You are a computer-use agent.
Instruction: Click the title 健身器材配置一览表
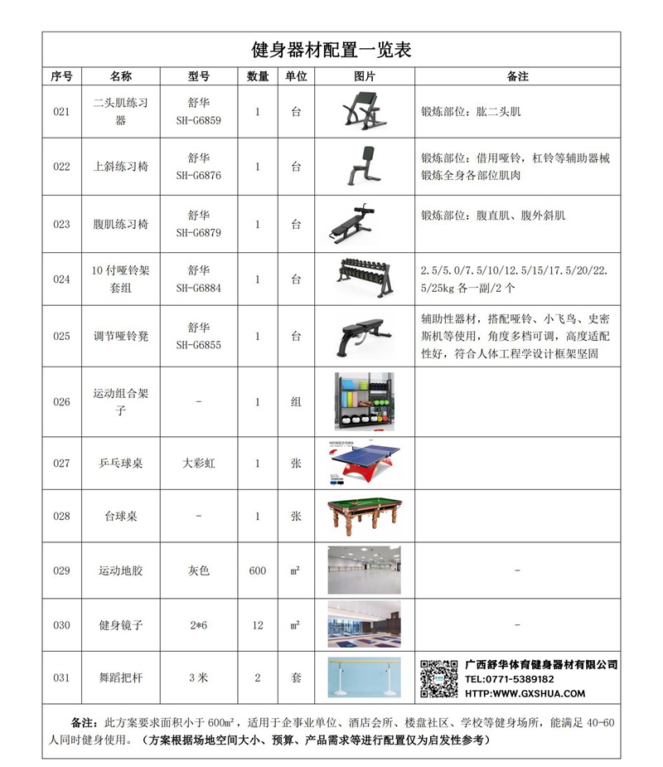click(x=331, y=50)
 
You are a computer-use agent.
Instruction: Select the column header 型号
click(x=198, y=76)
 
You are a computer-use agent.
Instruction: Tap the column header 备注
click(x=517, y=76)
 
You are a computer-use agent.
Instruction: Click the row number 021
click(x=61, y=112)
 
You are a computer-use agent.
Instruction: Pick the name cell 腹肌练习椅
click(x=120, y=224)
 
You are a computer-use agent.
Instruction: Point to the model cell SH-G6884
click(x=198, y=288)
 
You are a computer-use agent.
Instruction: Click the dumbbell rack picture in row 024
click(x=364, y=277)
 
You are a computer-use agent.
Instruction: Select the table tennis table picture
click(x=364, y=464)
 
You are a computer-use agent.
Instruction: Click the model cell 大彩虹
click(x=198, y=464)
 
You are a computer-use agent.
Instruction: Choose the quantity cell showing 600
click(x=257, y=570)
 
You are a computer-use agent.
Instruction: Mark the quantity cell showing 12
click(x=257, y=624)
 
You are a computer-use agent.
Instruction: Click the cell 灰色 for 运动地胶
click(x=198, y=570)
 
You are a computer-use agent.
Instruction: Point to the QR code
click(x=438, y=678)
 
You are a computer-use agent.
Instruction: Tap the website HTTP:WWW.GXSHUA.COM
click(x=525, y=693)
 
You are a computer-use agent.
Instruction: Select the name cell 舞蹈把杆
click(x=120, y=677)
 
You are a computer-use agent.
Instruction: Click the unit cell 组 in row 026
click(x=296, y=402)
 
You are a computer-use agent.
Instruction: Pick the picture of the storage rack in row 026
click(x=364, y=402)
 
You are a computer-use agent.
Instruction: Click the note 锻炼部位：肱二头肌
click(x=471, y=110)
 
